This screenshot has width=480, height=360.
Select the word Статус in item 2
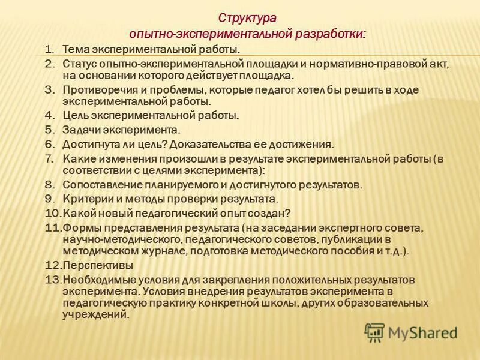coord(79,62)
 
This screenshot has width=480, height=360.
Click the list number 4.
coord(50,115)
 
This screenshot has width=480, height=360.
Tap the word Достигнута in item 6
coord(91,144)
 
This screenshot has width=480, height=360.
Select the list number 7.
coord(50,158)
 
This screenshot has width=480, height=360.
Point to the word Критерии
coord(85,199)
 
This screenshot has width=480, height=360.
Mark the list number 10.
coord(53,212)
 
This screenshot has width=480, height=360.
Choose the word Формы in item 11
coord(79,228)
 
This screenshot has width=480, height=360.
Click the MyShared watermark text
coord(422,332)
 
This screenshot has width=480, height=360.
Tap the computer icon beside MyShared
coord(375,332)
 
